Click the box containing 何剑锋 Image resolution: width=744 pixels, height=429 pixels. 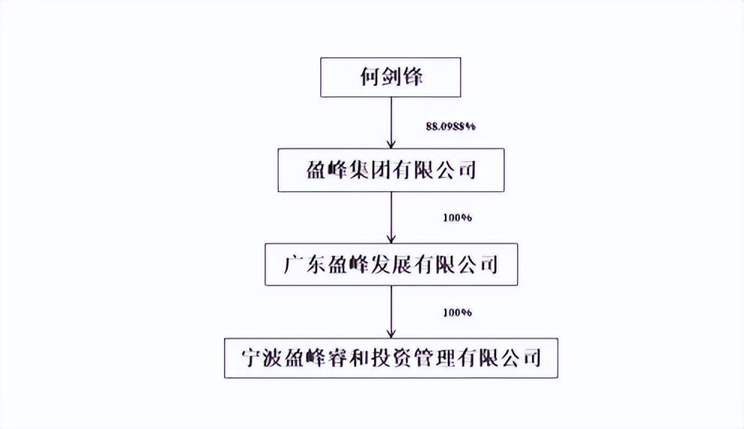(392, 78)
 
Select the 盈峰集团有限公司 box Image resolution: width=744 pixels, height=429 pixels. (392, 169)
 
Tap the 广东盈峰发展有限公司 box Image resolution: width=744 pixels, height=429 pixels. (392, 264)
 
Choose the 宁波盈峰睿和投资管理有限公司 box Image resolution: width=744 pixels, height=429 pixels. (392, 357)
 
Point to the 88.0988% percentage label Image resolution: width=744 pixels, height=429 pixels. (451, 127)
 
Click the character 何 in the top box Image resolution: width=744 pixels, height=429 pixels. (367, 78)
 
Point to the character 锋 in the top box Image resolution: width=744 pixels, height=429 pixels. (413, 78)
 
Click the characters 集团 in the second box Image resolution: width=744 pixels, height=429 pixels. (371, 170)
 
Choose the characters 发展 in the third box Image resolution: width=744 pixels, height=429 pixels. (389, 265)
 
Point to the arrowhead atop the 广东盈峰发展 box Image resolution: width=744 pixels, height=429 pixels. (392, 238)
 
